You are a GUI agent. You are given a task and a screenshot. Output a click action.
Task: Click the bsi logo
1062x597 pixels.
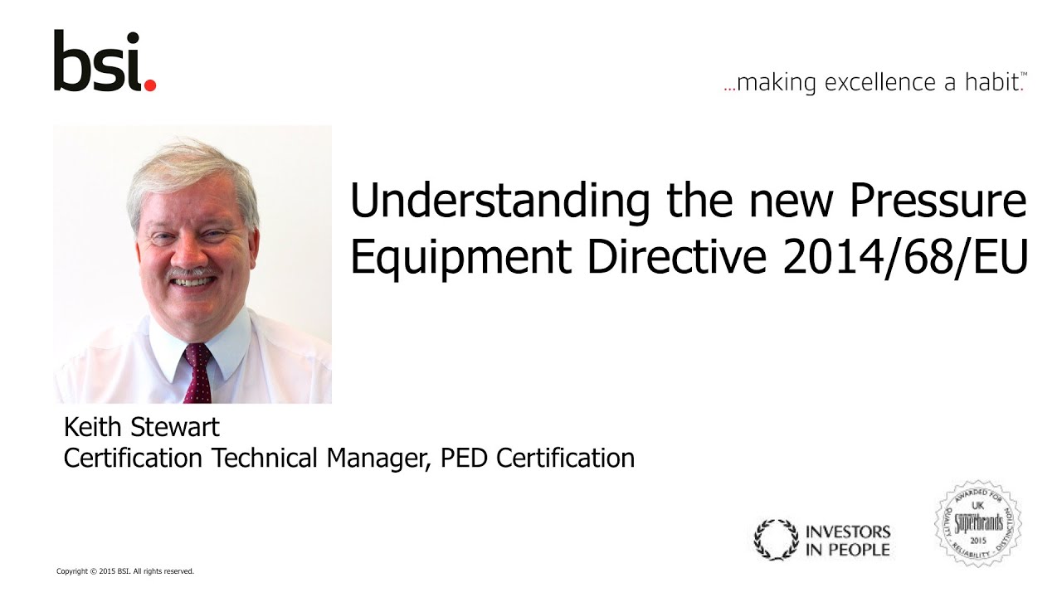(x=104, y=61)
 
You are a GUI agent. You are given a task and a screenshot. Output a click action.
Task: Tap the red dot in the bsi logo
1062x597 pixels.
(x=149, y=85)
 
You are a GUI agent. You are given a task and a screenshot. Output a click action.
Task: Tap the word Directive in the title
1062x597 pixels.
(x=677, y=258)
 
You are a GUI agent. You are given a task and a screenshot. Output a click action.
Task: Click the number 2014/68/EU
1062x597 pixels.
(x=905, y=258)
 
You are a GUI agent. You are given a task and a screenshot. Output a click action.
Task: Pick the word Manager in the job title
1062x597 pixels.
(x=374, y=458)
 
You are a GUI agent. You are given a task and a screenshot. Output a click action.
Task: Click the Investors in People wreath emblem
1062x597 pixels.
(x=775, y=540)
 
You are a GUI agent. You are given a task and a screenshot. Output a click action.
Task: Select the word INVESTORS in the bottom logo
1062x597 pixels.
(x=847, y=531)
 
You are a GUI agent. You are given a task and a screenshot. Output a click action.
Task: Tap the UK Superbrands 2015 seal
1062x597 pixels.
(x=978, y=524)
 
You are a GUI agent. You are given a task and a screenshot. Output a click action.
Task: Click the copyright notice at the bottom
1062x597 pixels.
(x=124, y=571)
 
